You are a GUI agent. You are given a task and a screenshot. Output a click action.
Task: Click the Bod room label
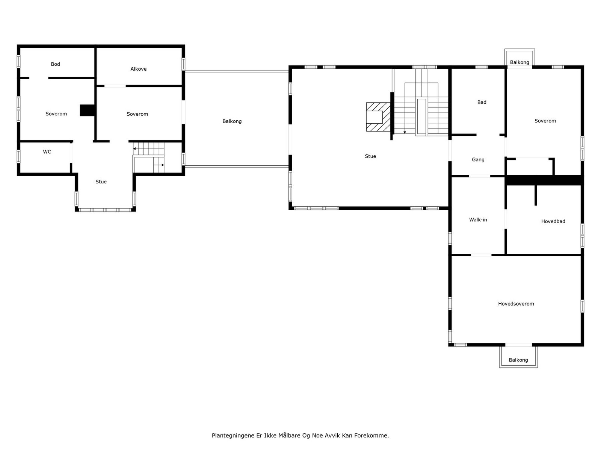point(55,64)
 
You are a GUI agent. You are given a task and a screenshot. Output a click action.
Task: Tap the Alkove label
point(138,69)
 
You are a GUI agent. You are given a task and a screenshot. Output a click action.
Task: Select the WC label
point(47,152)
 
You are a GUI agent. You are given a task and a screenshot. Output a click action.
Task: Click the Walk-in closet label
point(478,219)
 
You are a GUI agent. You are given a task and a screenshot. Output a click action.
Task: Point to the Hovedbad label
point(553,221)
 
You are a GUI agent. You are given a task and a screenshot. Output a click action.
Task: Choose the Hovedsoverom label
point(516,304)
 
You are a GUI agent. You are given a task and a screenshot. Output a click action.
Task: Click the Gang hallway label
point(478,160)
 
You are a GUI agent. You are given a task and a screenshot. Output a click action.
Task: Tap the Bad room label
point(482,102)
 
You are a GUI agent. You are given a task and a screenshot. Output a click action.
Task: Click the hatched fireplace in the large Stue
point(378,117)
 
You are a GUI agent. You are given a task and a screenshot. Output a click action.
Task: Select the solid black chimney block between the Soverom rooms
point(88,110)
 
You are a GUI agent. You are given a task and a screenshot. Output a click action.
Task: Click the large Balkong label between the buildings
point(232,121)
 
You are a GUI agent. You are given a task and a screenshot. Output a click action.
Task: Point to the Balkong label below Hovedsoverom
point(518,360)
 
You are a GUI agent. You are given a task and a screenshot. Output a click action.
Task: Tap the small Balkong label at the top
point(519,62)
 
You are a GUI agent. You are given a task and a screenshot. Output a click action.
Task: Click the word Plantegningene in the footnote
point(233,436)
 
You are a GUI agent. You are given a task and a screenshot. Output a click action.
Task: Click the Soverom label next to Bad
point(545,121)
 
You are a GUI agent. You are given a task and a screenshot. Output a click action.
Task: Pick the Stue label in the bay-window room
point(101,182)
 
